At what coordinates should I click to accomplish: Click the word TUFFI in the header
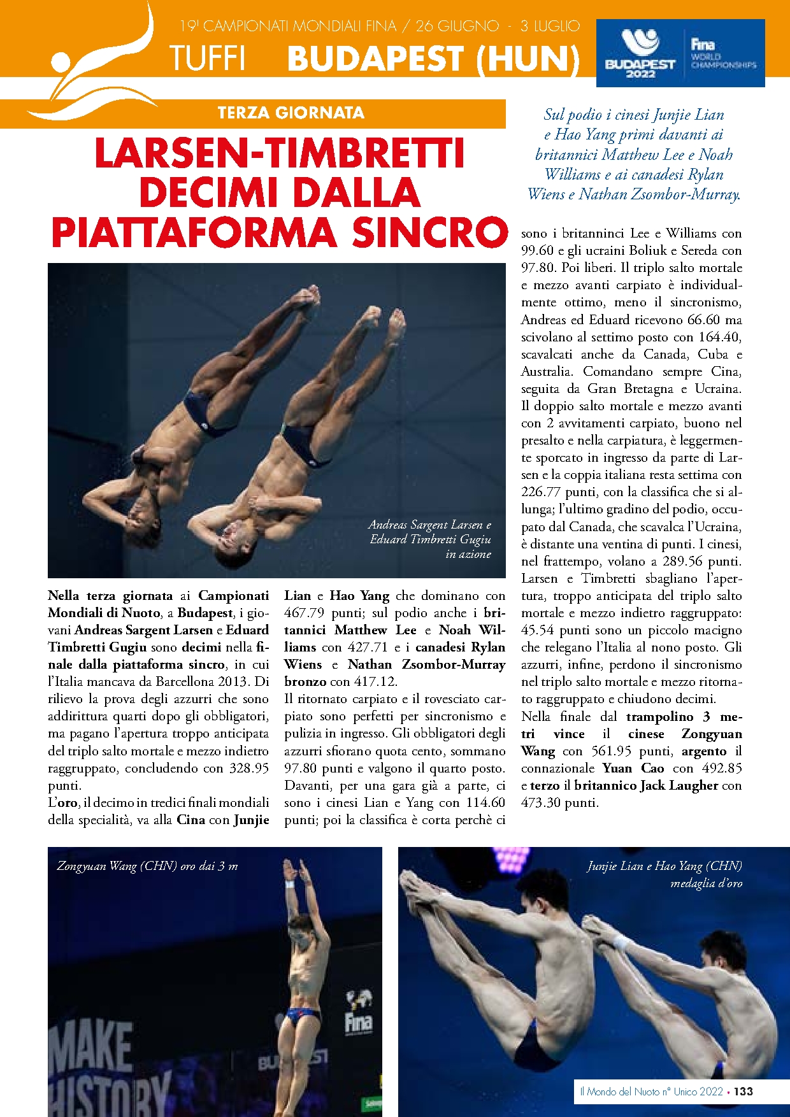(x=207, y=59)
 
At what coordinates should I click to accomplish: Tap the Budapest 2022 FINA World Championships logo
(x=680, y=53)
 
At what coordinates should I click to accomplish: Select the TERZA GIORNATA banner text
(x=291, y=113)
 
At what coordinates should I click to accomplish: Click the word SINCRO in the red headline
(x=430, y=232)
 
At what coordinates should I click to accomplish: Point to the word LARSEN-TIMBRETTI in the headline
(x=279, y=153)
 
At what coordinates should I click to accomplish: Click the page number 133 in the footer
(x=743, y=1091)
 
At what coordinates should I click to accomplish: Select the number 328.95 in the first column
(x=249, y=768)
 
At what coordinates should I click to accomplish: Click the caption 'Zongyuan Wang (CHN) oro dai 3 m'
(x=147, y=866)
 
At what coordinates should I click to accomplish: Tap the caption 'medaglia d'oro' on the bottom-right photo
(x=706, y=883)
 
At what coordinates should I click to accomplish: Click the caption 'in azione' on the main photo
(x=468, y=554)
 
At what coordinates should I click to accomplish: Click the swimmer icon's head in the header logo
(x=61, y=64)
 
